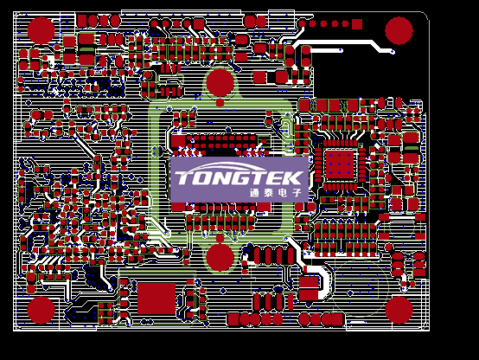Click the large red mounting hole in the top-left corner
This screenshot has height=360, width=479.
point(41,30)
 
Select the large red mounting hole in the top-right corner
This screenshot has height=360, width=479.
point(399,30)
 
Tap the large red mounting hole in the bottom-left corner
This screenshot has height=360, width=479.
point(41,310)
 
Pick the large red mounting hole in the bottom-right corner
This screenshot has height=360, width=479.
point(399,310)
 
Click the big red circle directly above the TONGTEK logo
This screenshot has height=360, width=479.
point(220,82)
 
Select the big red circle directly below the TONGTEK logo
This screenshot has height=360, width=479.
point(220,257)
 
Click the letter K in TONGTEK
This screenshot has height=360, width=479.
point(292,178)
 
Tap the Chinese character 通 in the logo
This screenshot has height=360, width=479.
point(254,193)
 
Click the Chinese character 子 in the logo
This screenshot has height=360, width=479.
point(297,193)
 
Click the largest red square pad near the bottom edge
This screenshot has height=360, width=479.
point(156,299)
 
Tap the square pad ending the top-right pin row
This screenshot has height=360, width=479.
point(357,24)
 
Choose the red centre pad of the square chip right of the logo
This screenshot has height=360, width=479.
point(340,164)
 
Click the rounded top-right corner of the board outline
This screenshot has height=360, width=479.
point(426,15)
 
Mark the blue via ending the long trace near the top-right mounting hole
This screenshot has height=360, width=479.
point(393,52)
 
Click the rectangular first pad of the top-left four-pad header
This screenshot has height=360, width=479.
point(82,21)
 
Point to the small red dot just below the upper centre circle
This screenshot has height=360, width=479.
point(220,102)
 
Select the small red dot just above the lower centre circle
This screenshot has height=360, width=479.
point(220,238)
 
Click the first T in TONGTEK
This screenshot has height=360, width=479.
point(184,178)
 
